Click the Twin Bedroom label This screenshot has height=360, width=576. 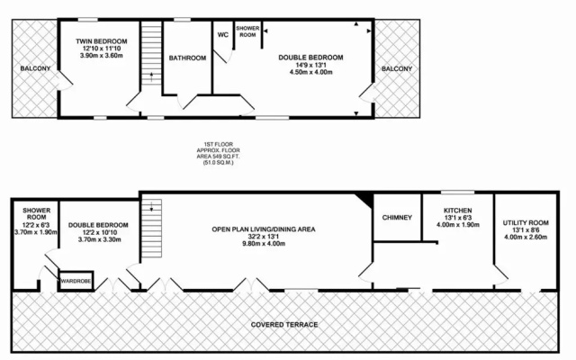(102, 41)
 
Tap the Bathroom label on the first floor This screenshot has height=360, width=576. (187, 58)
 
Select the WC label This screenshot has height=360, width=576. (223, 35)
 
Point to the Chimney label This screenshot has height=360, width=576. (397, 218)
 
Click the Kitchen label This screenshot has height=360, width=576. (458, 211)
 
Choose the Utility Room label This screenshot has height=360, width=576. (526, 222)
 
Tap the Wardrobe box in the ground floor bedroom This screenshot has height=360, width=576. (76, 281)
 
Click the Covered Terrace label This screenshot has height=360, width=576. (284, 325)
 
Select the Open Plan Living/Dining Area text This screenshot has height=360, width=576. (264, 229)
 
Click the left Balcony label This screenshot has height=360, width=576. (35, 68)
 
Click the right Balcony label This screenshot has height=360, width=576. (397, 68)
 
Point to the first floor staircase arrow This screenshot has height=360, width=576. (151, 77)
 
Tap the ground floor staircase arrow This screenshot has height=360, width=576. (151, 206)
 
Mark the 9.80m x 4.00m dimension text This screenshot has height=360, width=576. (264, 244)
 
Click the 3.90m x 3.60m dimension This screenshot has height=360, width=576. (102, 56)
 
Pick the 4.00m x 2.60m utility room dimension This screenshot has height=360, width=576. (526, 237)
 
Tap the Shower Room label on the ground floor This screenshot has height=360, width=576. (36, 214)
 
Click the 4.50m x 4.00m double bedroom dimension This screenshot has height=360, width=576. (310, 72)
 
